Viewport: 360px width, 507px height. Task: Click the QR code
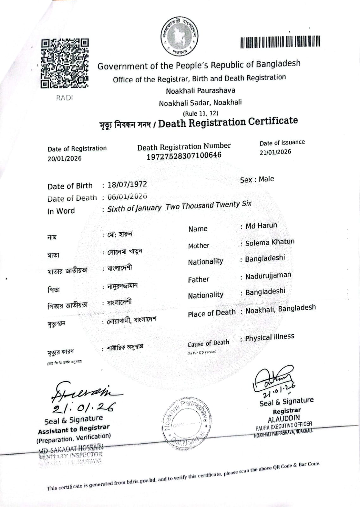[65, 63]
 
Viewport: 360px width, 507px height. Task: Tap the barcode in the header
[280, 42]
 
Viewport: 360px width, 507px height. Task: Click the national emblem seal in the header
[180, 35]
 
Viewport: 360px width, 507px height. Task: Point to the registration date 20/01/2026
[65, 158]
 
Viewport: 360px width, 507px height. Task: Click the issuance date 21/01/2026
[275, 152]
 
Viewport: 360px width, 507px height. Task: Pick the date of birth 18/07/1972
[127, 184]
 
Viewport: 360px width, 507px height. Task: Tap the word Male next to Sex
[266, 179]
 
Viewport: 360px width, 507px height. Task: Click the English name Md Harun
[261, 226]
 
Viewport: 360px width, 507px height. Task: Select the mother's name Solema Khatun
[270, 242]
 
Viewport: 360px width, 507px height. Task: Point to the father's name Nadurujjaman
[268, 276]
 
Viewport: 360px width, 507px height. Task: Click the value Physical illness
[269, 337]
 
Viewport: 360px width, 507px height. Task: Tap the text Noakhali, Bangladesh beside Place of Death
[281, 309]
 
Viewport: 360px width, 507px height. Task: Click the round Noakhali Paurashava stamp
[185, 423]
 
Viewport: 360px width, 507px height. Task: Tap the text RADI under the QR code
[64, 98]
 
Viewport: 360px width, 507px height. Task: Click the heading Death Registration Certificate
[228, 122]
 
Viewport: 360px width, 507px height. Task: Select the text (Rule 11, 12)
[200, 113]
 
